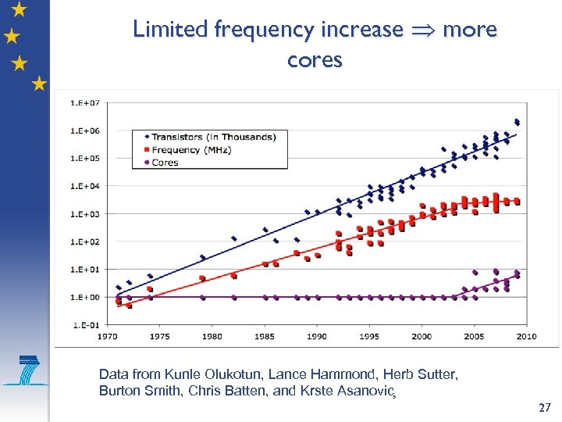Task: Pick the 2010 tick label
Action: click(526, 336)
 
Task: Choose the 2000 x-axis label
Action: click(421, 336)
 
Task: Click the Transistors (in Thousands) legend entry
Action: click(213, 137)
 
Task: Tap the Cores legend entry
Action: click(165, 163)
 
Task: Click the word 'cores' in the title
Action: click(315, 60)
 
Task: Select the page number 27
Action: click(545, 408)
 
